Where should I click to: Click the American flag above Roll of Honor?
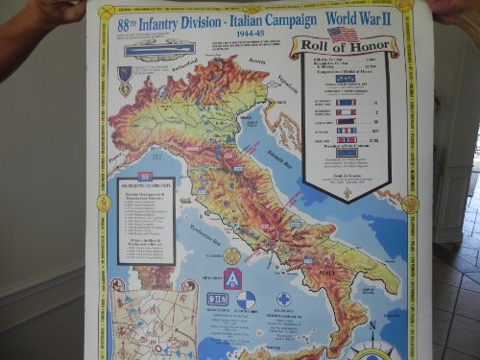pyautogui.click(x=343, y=34)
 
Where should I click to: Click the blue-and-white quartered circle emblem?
pyautogui.click(x=246, y=299)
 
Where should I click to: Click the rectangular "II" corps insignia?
pyautogui.click(x=219, y=299)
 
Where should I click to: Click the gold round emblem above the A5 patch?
pyautogui.click(x=231, y=256)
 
